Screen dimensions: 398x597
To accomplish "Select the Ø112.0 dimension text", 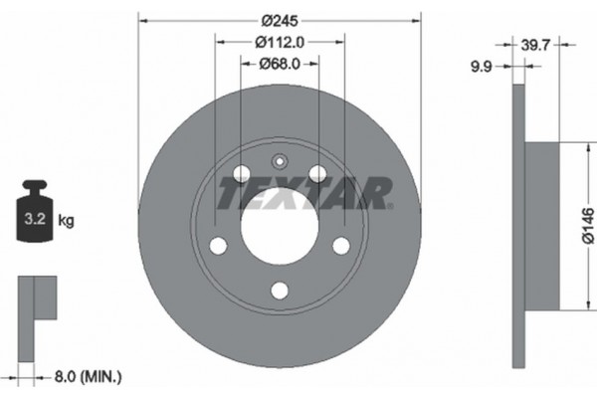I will tap(280, 41).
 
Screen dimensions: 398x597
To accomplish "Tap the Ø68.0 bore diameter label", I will tap(280, 64).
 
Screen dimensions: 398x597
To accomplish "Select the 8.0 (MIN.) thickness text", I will tap(89, 376).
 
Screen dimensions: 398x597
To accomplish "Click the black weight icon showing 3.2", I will tap(33, 210).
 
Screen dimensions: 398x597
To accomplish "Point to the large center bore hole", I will tap(280, 226).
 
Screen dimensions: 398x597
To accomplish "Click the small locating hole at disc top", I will tap(280, 161).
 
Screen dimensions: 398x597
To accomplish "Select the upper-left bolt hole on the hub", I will tap(242, 174).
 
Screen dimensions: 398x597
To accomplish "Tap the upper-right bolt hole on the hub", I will tap(317, 174).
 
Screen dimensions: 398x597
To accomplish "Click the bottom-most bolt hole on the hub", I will tap(280, 290).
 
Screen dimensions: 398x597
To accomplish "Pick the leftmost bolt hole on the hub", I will tap(218, 246).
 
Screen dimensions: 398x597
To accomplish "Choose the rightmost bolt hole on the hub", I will tap(341, 246).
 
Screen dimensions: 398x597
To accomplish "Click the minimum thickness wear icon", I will tap(38, 309).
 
